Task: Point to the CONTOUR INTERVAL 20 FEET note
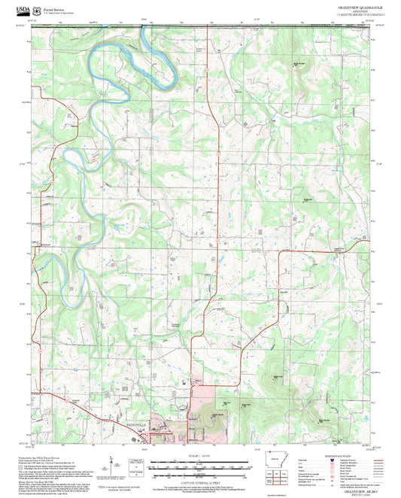(200, 479)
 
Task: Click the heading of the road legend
(354, 456)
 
